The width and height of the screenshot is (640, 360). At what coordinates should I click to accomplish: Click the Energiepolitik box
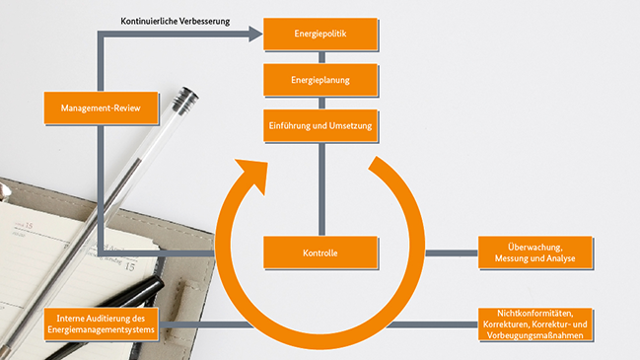coord(320,35)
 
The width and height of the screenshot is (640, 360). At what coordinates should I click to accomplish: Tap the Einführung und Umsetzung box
coord(320,125)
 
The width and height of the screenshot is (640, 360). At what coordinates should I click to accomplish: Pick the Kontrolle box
coord(320,253)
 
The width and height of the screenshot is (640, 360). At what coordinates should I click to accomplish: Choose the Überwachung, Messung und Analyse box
coord(535,252)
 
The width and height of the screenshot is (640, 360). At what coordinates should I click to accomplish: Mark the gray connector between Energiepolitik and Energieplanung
coord(320,57)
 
